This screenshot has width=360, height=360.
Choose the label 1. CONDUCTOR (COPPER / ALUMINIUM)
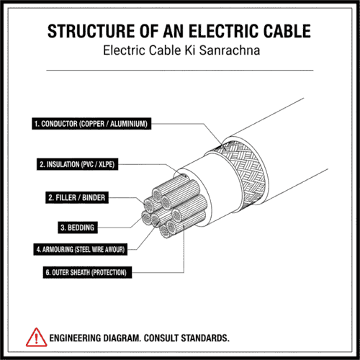91,125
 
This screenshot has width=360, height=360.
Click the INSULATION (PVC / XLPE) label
77,164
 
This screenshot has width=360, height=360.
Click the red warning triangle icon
34,336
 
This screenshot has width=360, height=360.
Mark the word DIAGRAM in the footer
132,337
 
